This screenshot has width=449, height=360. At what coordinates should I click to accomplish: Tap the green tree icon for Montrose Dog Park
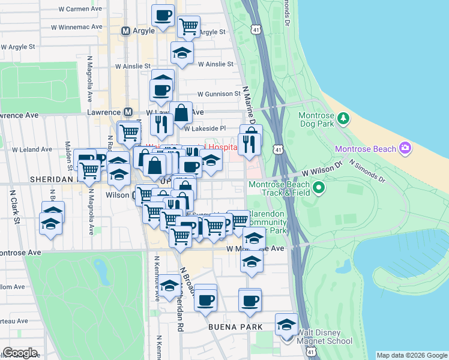343,118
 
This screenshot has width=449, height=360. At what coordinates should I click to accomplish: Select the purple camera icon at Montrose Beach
405,148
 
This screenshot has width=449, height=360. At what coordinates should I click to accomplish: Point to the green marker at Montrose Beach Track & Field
319,188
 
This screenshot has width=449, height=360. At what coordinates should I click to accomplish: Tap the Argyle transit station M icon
126,31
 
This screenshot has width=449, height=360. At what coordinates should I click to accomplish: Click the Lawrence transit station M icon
128,112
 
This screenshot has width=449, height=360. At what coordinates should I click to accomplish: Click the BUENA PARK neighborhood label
235,327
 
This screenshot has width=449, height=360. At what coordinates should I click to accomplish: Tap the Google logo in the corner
20,353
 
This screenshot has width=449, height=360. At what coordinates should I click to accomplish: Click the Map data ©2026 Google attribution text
412,355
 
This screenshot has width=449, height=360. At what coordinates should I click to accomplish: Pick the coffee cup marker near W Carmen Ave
162,16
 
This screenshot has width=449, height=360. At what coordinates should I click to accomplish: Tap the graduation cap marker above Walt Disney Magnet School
286,325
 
